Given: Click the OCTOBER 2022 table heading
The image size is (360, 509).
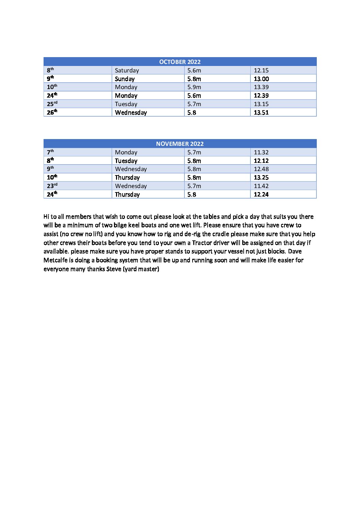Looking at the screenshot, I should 180,62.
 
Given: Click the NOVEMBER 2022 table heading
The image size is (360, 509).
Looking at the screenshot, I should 180,144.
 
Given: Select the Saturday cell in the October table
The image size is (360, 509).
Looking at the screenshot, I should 127,70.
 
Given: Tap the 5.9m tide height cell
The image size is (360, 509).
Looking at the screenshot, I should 194,87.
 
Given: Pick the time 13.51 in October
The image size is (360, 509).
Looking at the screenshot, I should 261,113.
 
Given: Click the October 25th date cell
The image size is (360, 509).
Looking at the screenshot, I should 52,104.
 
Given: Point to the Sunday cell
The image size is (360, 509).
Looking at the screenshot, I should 125,79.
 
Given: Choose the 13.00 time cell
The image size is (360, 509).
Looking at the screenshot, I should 261,79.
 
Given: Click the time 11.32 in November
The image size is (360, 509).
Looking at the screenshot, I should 261,152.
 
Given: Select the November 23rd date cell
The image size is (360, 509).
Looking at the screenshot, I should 52,186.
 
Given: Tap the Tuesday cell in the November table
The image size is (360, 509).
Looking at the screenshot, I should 126,161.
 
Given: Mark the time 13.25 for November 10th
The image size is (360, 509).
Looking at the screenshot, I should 261,177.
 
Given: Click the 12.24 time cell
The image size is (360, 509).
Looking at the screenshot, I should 261,194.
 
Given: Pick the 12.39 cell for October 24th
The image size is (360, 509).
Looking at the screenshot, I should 261,96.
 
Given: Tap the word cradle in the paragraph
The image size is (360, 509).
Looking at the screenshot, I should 220,234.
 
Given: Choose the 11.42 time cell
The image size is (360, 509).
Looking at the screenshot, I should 261,186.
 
